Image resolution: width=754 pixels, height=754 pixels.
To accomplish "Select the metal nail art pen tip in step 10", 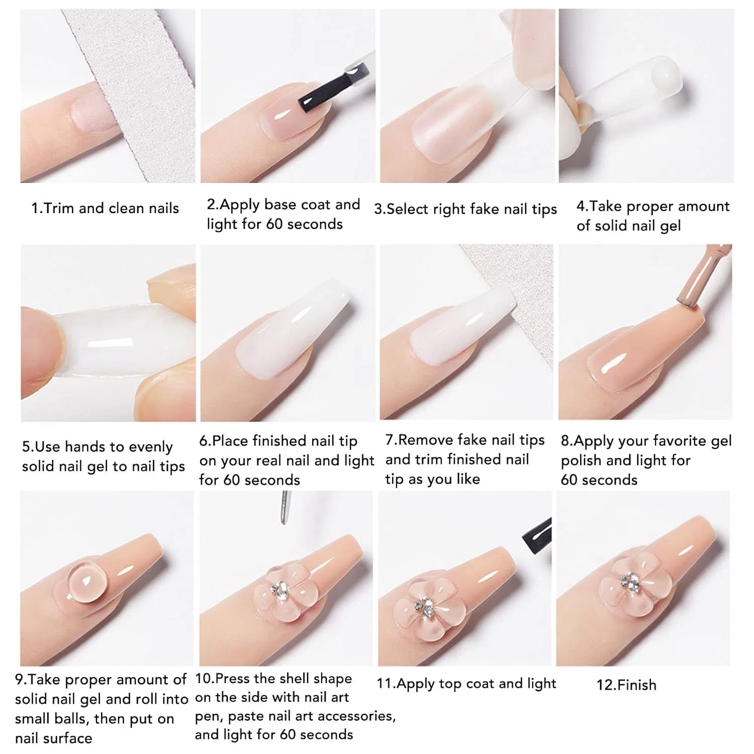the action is [286, 508].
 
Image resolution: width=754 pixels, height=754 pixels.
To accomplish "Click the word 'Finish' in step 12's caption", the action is [637, 685].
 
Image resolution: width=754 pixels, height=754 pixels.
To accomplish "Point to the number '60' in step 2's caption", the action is [274, 224].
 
